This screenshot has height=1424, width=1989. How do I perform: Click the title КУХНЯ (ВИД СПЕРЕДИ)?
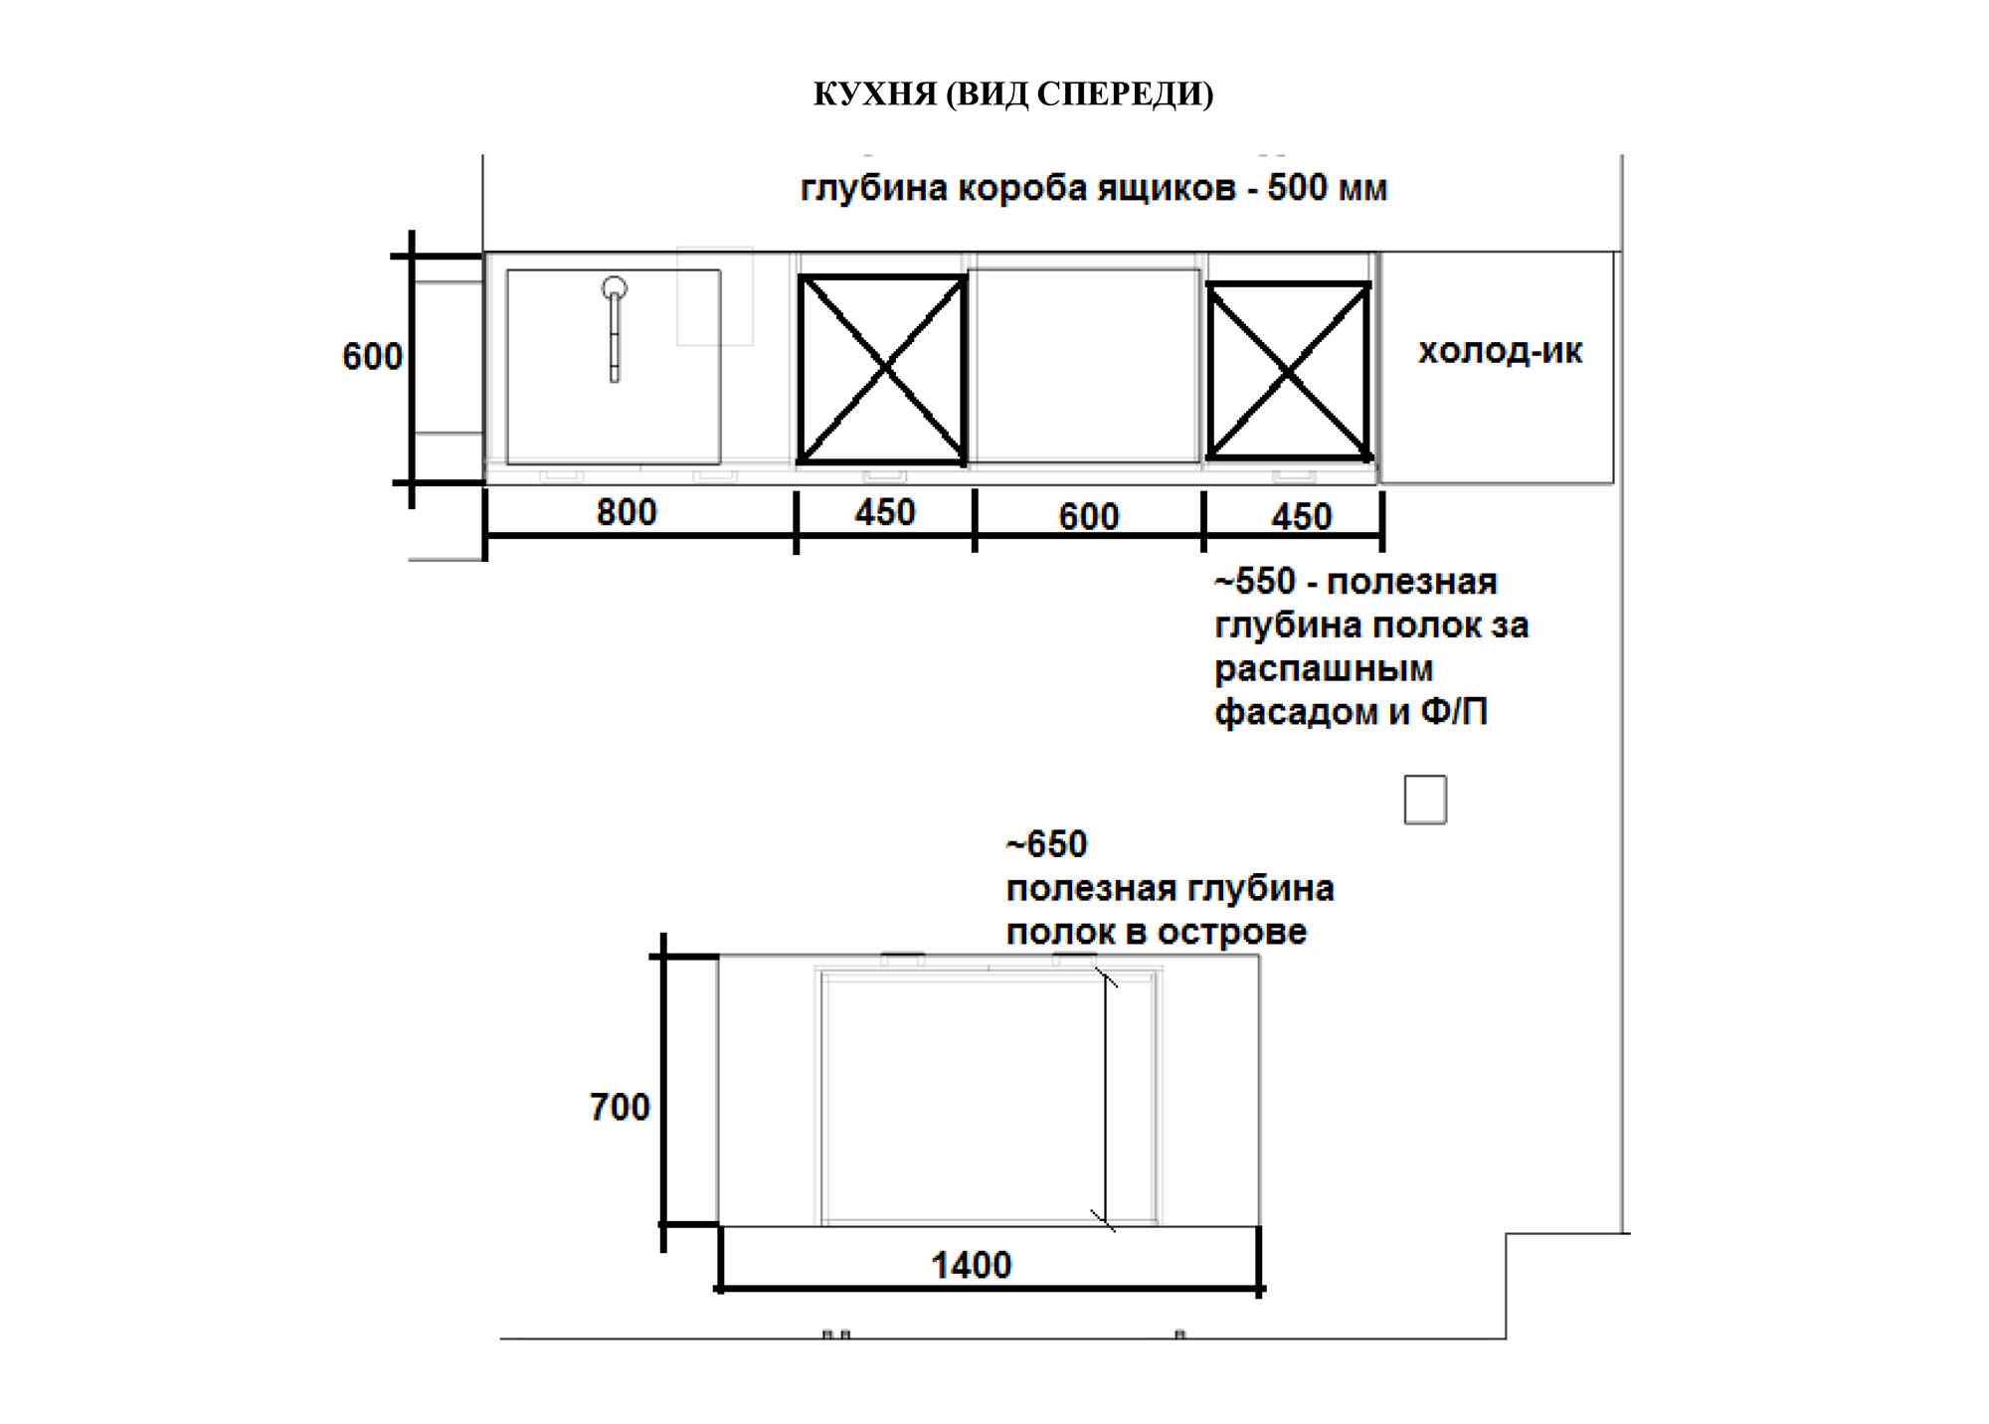pos(1013,94)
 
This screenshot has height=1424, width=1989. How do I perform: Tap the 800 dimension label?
pos(627,512)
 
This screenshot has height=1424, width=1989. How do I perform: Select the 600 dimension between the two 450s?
pos(1089,517)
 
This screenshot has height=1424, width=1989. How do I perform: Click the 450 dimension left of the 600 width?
pos(885,512)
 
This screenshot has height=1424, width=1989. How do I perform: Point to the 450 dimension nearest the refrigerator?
pos(1302,517)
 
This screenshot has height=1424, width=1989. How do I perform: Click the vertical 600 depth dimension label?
pos(372,357)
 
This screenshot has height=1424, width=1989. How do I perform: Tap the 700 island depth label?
pos(620,1107)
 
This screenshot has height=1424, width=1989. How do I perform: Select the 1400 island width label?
pos(972,1265)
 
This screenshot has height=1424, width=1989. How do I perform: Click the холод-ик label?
pos(1500,351)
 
